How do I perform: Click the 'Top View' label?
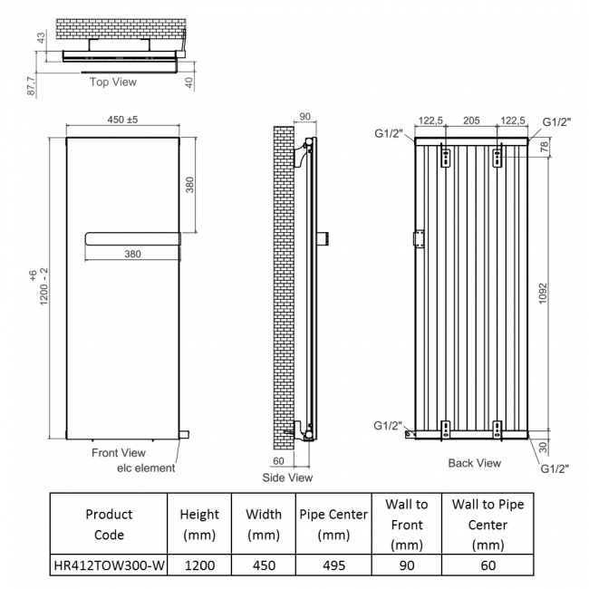pos(113,82)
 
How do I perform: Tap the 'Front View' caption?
pos(119,452)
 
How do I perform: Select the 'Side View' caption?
pos(287,478)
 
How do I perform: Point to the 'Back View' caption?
pos(474,463)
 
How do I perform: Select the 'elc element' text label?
pos(146,468)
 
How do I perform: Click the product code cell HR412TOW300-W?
pos(109,565)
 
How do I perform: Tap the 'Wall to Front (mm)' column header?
pos(406,524)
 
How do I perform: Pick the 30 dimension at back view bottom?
pos(543,446)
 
